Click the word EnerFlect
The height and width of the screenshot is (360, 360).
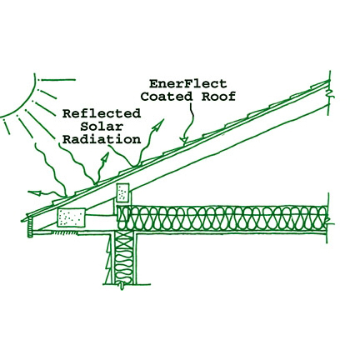(187, 83)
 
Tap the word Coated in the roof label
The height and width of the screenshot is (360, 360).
(167, 97)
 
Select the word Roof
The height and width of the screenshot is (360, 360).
(218, 97)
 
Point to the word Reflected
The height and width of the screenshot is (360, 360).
(102, 113)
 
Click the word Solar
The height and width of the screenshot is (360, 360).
(102, 127)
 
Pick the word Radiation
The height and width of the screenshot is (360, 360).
(102, 139)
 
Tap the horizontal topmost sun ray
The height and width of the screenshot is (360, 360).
(58, 80)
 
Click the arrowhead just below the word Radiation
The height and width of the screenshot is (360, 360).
(105, 158)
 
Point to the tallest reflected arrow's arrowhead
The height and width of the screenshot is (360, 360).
(158, 125)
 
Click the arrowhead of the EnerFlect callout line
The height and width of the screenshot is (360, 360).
(183, 141)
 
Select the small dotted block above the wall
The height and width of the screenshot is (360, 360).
(122, 192)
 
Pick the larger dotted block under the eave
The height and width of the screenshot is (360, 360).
(72, 217)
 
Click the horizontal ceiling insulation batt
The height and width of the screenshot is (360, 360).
(222, 218)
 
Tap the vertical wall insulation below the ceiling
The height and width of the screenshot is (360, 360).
(124, 257)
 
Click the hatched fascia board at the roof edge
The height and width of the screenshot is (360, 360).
(30, 227)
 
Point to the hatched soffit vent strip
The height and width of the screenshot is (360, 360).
(64, 232)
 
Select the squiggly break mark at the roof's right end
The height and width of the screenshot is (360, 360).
(330, 93)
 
